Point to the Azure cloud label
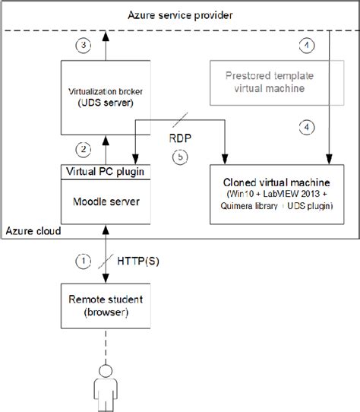tap(33, 229)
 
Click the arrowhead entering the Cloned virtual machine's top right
tap(328, 159)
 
